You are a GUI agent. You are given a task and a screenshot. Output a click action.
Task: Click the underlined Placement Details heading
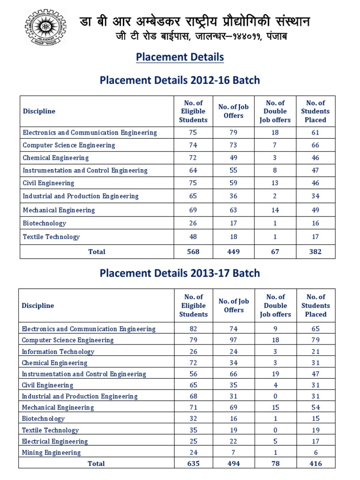coord(180,57)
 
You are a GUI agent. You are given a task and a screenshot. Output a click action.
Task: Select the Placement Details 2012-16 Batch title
coord(180,80)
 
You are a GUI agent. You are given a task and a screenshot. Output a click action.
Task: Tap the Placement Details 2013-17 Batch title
coord(180,273)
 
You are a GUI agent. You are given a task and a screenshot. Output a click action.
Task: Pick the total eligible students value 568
coord(193,252)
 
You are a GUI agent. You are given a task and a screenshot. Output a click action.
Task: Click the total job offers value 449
coord(233,252)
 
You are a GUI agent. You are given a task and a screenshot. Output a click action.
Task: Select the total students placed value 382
coord(315,252)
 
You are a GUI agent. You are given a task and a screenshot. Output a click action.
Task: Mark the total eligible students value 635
coord(193,464)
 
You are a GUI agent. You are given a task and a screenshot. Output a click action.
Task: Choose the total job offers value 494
coord(233,464)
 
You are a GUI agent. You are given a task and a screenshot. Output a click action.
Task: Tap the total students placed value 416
coord(315,464)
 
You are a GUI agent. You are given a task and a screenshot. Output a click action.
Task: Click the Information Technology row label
coord(58,352)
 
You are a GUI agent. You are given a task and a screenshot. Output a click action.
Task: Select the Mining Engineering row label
coord(51,452)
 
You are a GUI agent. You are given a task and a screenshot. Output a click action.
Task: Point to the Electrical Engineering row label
coord(55,441)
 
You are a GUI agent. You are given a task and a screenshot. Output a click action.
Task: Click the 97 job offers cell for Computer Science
coord(233,340)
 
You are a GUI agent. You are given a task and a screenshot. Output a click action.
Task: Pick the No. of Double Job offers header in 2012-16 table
coord(275,112)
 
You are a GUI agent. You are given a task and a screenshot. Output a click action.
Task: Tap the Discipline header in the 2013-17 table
coord(38,306)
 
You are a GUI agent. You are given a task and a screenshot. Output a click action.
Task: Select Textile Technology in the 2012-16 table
coord(51,237)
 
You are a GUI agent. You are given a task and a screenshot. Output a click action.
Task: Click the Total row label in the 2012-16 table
coord(97,252)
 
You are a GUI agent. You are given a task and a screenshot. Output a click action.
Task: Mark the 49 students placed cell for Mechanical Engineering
coord(315,210)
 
